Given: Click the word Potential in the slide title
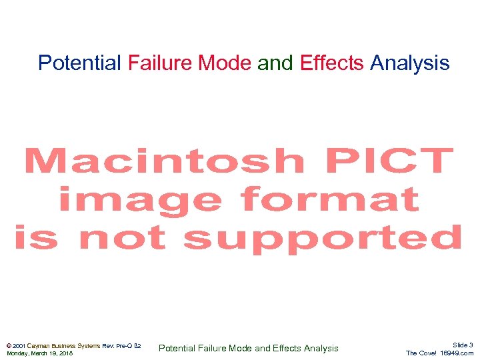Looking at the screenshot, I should tap(79, 63).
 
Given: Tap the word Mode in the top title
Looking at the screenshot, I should tap(225, 63).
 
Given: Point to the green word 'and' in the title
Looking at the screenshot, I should tap(275, 63).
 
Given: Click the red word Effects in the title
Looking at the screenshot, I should tap(332, 63).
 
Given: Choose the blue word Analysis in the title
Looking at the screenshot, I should tap(410, 63).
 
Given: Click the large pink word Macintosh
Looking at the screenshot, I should tap(163, 162).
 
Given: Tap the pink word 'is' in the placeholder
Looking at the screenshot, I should tap(37, 238).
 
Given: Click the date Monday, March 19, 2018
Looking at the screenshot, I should tap(39, 353).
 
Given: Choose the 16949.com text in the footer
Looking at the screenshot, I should tap(457, 353).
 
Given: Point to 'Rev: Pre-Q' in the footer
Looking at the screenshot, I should tap(117, 345).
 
